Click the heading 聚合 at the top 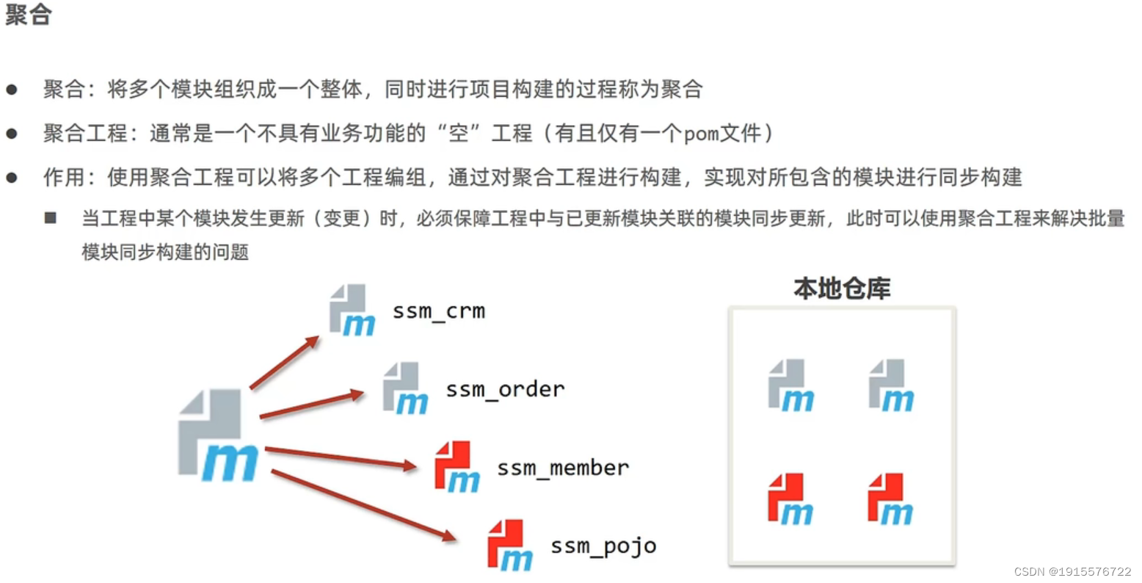tap(28, 15)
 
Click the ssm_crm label tap(438, 311)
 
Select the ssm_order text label tap(505, 389)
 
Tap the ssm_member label tap(562, 468)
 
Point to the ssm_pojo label tap(603, 546)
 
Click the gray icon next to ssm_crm tap(352, 311)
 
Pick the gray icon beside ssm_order tap(405, 388)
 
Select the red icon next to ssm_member tap(457, 467)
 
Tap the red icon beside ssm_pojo tap(509, 545)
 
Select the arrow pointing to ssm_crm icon tap(284, 362)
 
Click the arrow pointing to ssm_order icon tap(311, 405)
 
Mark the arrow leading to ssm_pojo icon tap(363, 505)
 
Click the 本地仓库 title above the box tap(842, 289)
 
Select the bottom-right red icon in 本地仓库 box tap(890, 500)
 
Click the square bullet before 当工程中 tap(51, 218)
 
